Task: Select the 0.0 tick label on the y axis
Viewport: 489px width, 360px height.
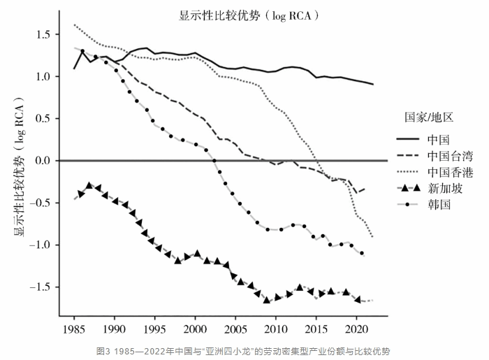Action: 43,161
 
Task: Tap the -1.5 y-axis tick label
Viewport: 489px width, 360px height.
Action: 40,287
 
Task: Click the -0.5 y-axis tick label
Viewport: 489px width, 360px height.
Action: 40,203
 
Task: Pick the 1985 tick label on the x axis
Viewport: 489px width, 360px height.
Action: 74,328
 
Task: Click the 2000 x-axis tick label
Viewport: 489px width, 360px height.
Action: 195,328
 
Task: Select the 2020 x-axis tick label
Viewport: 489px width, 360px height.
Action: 356,328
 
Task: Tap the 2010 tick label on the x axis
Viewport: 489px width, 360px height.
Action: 276,328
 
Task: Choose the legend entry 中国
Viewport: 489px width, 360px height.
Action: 439,138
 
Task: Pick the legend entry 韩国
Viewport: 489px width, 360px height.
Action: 439,205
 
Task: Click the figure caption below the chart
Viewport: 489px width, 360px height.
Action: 245,349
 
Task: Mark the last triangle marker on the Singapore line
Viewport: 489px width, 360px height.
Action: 358,299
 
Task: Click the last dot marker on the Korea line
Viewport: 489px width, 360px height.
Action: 362,253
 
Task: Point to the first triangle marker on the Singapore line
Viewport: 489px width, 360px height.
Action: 81,194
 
